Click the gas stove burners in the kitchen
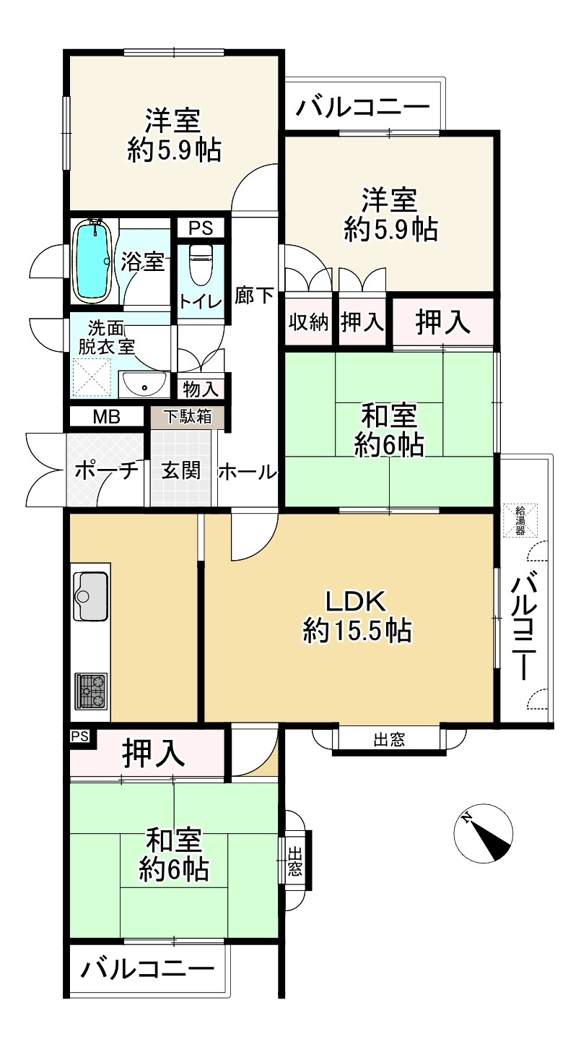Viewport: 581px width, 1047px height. point(91,691)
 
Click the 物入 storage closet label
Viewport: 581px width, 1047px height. point(201,389)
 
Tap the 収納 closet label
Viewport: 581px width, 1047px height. point(309,322)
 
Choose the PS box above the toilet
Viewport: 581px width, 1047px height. point(201,228)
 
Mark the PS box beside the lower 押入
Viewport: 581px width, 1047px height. point(80,737)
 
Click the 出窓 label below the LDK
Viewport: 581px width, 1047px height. point(389,739)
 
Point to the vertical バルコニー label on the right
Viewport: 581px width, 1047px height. point(528,626)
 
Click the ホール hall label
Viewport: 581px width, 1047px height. point(248,472)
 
